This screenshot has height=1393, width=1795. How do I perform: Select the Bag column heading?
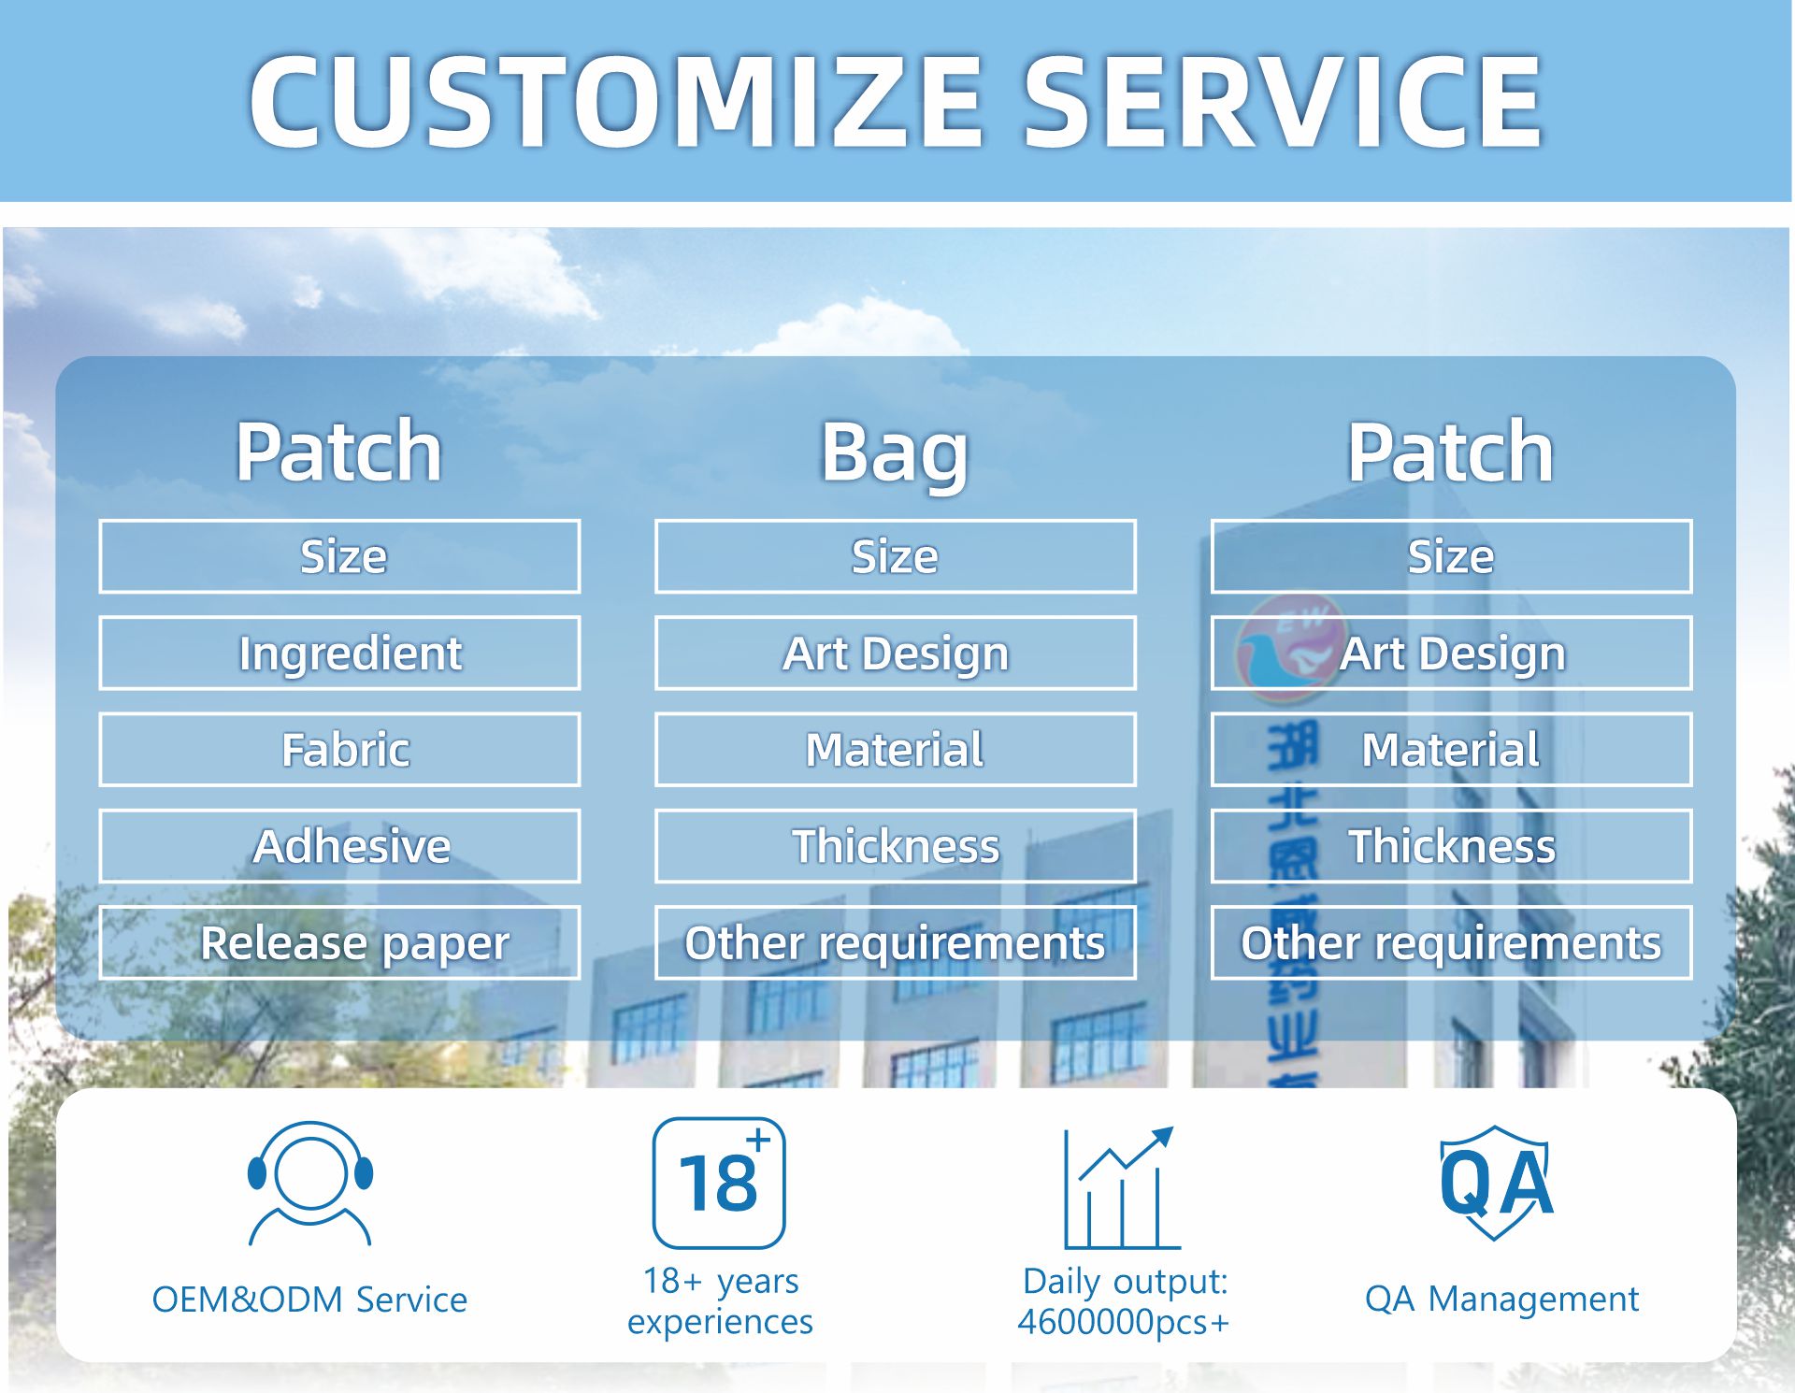(895, 452)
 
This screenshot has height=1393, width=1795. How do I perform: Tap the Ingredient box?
(339, 653)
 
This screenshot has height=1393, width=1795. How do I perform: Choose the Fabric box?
(339, 750)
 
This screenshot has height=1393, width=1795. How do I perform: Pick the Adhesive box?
(339, 846)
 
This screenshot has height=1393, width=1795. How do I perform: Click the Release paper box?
(339, 942)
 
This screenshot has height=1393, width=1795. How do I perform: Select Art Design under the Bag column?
(895, 653)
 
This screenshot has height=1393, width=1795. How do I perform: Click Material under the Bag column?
(895, 750)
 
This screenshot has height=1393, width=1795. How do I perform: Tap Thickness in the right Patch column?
(1451, 846)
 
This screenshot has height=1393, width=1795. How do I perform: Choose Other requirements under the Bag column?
(895, 942)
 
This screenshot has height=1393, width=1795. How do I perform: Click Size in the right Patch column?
(1451, 556)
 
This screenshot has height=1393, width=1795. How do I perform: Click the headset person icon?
(310, 1183)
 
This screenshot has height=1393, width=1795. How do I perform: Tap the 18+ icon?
(719, 1183)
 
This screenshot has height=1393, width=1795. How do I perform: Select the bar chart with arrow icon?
(1122, 1187)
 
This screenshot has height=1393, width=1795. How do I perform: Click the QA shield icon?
(1496, 1183)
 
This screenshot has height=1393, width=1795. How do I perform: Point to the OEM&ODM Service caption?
(309, 1300)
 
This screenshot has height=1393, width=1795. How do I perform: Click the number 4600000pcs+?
(1123, 1322)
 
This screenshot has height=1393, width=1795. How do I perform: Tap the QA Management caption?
(1501, 1299)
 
